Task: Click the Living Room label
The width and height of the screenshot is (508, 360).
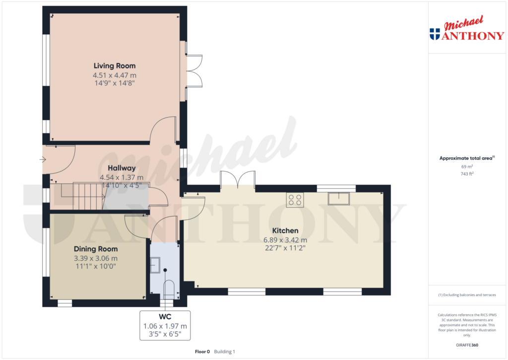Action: [x=115, y=66]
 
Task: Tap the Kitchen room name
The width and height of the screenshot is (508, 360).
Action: [x=285, y=230]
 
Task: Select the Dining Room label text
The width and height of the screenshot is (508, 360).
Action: [x=96, y=249]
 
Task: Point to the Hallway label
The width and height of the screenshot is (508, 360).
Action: [x=122, y=168]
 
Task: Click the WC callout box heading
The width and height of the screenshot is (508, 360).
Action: [x=165, y=316]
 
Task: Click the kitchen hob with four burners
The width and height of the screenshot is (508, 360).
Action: [x=295, y=200]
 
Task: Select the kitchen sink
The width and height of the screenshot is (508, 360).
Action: [x=338, y=199]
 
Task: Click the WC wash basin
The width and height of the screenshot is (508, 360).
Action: [x=155, y=265]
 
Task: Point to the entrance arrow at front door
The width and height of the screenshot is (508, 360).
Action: [x=43, y=159]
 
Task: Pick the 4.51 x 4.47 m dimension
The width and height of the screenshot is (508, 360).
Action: [x=115, y=75]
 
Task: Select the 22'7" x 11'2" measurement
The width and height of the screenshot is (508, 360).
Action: [x=285, y=248]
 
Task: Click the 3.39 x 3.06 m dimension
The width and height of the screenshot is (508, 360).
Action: [x=96, y=259]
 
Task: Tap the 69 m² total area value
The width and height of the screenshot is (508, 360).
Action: [x=467, y=166]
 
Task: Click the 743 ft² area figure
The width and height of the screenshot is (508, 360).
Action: [x=467, y=174]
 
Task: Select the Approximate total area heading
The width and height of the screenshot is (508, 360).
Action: [x=467, y=158]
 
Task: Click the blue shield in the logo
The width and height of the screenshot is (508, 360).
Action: [x=435, y=34]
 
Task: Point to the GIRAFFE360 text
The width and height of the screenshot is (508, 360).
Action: [x=467, y=345]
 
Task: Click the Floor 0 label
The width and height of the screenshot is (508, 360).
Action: [x=202, y=352]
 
